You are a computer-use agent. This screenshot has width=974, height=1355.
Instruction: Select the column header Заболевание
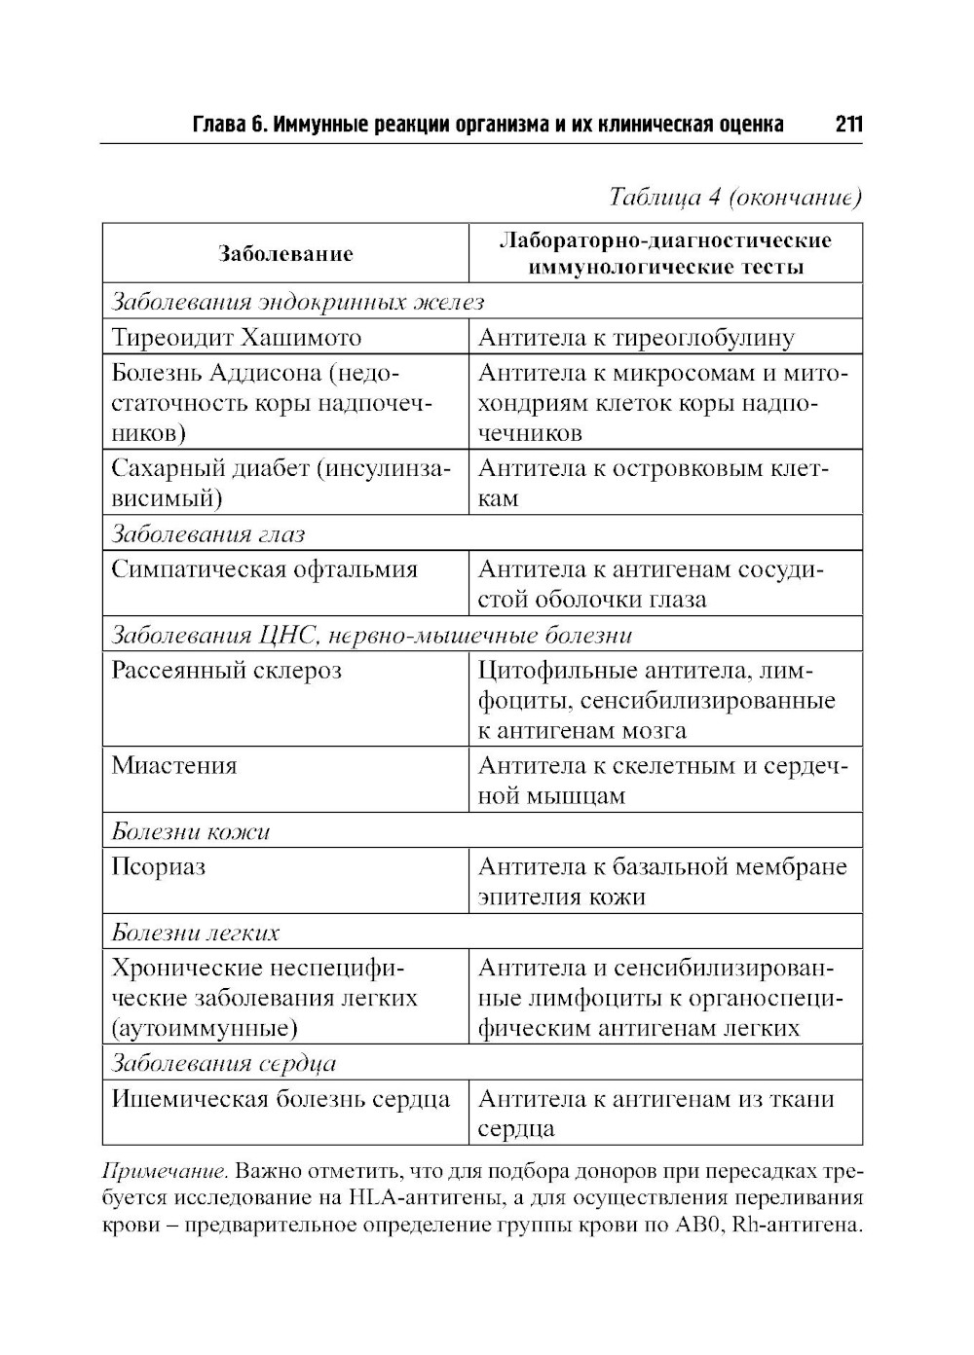click(285, 254)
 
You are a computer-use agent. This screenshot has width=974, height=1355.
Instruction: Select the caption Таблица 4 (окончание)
click(735, 198)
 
